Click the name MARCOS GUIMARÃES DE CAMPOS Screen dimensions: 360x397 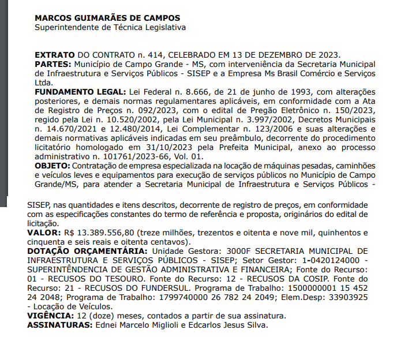pos(107,18)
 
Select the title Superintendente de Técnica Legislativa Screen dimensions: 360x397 pos(110,27)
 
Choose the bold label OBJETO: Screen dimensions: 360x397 pos(52,166)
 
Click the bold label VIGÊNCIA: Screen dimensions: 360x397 pos(50,316)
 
